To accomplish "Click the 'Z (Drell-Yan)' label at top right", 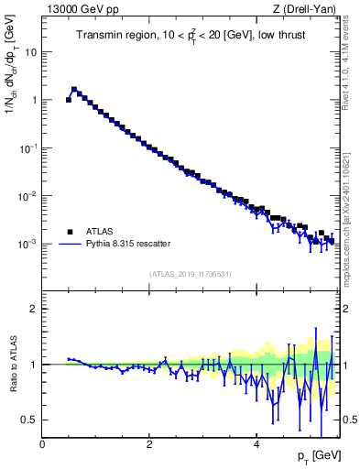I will tap(303, 10).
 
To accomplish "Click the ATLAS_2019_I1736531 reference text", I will tap(190, 273).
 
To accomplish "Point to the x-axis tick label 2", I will tap(149, 445).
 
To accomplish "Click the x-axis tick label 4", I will tap(256, 445).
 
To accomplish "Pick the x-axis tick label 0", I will tap(43, 445).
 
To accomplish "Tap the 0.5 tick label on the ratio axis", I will tap(30, 420).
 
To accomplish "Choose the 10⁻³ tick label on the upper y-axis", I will tap(27, 245).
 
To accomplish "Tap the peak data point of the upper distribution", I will tap(74, 90).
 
